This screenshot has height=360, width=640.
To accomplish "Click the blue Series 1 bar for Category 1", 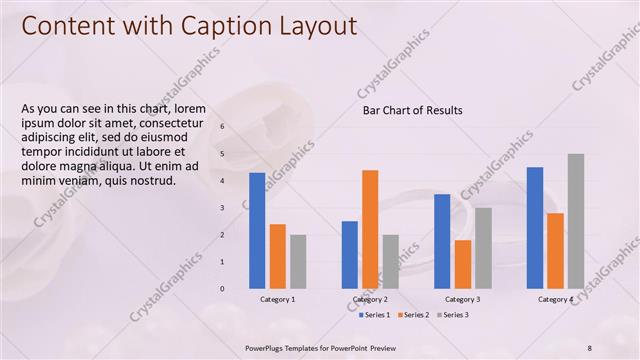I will pos(257,230).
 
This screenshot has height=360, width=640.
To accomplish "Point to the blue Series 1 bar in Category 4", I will pos(535,228).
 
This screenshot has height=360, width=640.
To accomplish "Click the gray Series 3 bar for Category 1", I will pos(298,261).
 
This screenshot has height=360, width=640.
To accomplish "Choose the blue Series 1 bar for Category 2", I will pos(350,255).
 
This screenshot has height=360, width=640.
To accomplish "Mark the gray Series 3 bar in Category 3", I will pos(483,248).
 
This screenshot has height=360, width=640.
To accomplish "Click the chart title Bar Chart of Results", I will pos(412,110).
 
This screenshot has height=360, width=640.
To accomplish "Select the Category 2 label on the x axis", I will pos(370,299).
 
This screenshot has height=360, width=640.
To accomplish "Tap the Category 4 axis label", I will pos(555,299).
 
